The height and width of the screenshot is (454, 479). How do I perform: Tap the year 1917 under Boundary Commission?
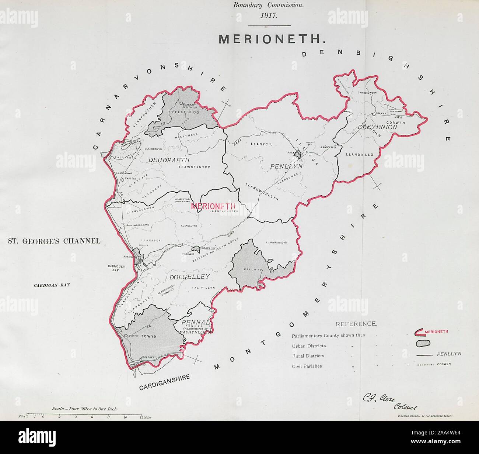click(269, 16)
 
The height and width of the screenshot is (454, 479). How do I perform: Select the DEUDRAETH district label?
click(169, 160)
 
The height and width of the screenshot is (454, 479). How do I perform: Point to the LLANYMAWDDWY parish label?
click(276, 243)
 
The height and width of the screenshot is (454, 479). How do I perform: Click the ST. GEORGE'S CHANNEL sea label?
click(54, 241)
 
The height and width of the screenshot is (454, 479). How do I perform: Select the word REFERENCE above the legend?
click(356, 324)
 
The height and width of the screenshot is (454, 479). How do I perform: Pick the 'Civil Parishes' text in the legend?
click(307, 366)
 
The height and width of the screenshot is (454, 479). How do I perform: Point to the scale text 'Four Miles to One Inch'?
click(84, 409)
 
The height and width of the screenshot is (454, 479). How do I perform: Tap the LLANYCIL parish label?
click(261, 144)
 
